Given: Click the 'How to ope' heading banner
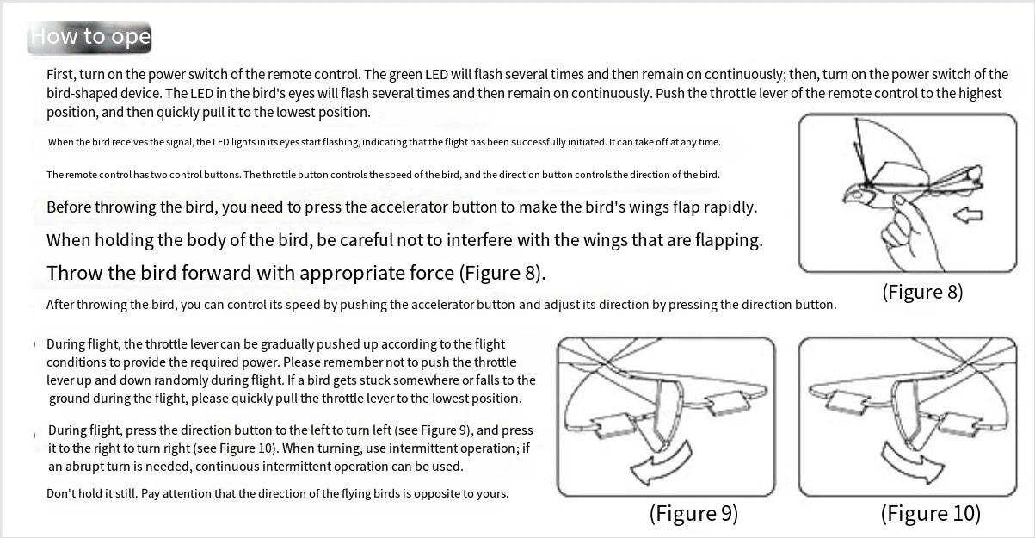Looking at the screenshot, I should tap(90, 37).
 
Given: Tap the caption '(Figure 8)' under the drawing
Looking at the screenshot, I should tap(922, 292).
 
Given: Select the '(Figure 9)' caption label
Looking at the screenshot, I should tap(693, 514).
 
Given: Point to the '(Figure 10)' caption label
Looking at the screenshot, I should tap(930, 514).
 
